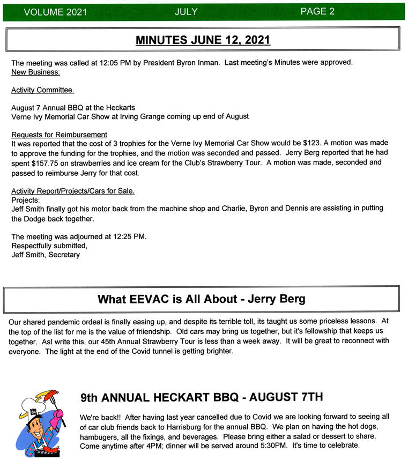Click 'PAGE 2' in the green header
click(317, 11)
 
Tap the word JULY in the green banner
click(186, 11)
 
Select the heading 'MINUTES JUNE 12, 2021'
click(203, 40)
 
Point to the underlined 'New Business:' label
click(35, 71)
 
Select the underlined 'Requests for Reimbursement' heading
click(59, 135)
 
